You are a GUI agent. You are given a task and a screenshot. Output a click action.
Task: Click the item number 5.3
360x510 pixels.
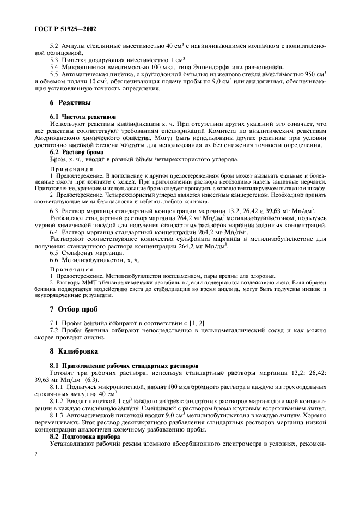[55, 59]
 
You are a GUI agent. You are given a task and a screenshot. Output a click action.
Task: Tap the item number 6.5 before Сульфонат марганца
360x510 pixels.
[55, 254]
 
